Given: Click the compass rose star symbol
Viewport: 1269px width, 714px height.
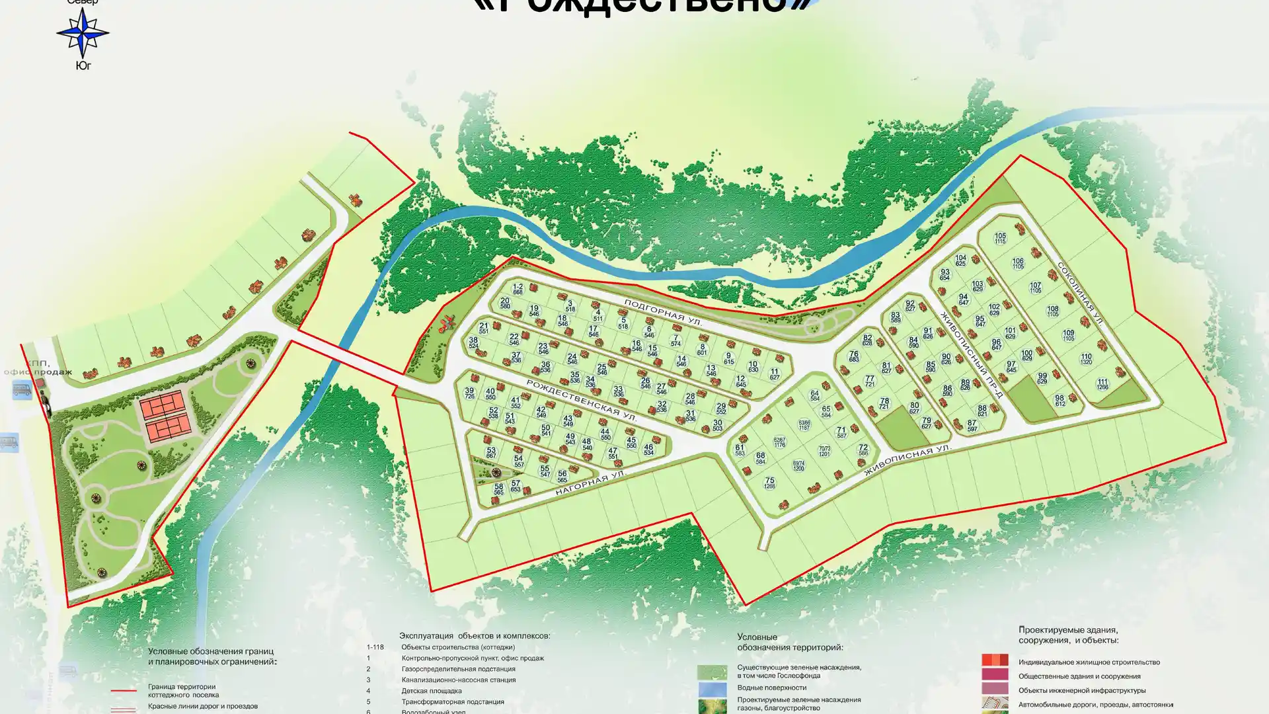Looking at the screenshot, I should (83, 32).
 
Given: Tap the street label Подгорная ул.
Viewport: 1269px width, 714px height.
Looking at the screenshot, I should (662, 313).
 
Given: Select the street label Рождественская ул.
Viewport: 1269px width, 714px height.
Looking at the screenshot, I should (582, 400).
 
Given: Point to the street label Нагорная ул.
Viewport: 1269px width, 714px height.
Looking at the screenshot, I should (590, 483).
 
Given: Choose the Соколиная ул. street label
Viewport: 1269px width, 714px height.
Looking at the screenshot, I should (1080, 293).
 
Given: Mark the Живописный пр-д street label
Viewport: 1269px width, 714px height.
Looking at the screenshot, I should (972, 354).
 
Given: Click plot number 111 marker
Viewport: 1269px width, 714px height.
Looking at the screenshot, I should (1102, 384).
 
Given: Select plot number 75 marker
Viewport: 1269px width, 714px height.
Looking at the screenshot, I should (769, 483).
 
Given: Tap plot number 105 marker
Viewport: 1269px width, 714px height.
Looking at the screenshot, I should (1000, 238).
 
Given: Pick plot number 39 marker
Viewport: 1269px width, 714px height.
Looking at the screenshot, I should (469, 393).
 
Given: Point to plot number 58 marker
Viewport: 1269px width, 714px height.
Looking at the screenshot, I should (498, 489).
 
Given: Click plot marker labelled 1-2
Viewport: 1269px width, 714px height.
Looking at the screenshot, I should (518, 289).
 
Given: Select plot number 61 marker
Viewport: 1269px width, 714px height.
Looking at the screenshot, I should (740, 450).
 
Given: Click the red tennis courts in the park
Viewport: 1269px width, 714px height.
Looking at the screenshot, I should (162, 418).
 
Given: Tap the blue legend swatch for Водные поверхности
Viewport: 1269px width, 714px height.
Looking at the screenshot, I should (712, 689).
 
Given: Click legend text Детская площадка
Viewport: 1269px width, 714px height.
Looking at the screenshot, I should (431, 691).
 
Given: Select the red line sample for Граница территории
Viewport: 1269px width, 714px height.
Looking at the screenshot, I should (124, 690).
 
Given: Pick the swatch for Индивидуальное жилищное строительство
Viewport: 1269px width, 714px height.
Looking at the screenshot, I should (994, 660).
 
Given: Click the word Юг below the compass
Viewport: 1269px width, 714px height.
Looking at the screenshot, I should (83, 65).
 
